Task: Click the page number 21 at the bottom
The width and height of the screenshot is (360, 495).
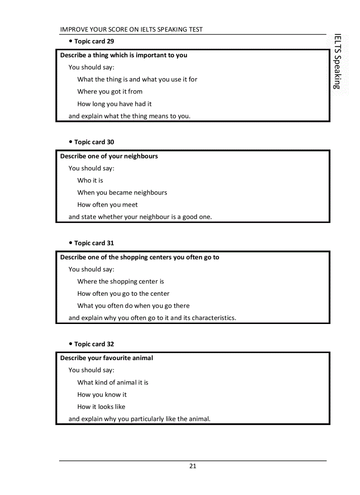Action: (x=193, y=466)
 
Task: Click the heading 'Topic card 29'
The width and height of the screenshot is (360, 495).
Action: (x=94, y=41)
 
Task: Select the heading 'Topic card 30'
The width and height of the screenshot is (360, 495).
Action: (x=94, y=142)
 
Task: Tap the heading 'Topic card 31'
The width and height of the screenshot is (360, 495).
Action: (x=94, y=243)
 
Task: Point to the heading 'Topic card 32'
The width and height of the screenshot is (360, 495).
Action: (x=94, y=344)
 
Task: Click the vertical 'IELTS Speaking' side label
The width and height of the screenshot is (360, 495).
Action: (x=337, y=61)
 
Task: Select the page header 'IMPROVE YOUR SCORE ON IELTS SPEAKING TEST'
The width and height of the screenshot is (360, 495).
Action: (x=131, y=30)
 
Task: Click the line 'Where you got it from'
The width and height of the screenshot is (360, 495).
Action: (x=110, y=92)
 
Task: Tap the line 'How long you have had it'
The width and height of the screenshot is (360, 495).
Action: (x=114, y=104)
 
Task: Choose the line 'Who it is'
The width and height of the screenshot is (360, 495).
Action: (x=90, y=180)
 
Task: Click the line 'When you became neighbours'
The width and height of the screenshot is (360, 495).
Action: (x=122, y=193)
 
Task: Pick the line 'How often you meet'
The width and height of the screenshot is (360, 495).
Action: (x=107, y=205)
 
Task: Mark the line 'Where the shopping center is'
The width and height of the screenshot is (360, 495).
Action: (x=120, y=281)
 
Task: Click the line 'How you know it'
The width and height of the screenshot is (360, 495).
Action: (x=102, y=395)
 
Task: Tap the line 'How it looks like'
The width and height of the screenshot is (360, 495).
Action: (x=101, y=407)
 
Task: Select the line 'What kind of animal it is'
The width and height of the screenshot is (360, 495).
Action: (x=112, y=383)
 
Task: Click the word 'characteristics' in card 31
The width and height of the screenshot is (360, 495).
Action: (x=213, y=318)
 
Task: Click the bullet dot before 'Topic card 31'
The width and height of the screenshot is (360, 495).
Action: (x=71, y=243)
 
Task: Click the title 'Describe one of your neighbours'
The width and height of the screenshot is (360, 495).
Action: (x=109, y=156)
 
